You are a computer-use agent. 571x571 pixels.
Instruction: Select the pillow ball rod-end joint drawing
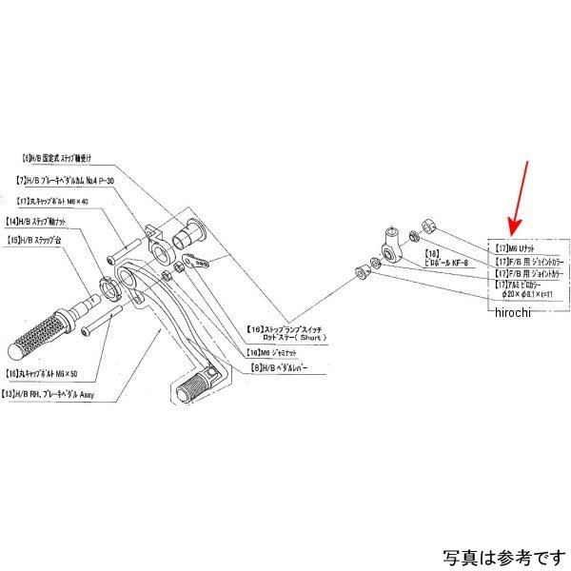coord(390,242)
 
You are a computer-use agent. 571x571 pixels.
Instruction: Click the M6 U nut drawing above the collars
coord(427,224)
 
